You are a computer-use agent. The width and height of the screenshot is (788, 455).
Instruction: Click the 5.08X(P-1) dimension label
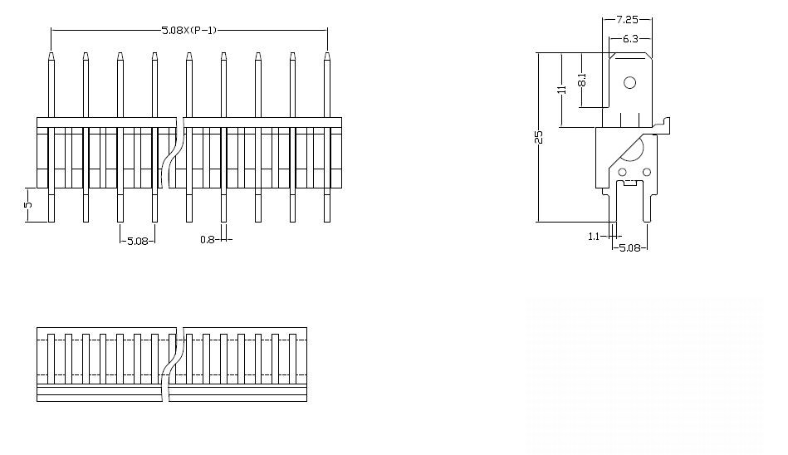click(189, 30)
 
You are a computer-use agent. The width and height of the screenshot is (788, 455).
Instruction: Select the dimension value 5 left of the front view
click(28, 204)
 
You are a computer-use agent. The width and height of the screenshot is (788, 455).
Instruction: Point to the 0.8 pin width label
click(207, 240)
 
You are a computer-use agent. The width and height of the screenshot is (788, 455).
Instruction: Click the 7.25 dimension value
click(627, 18)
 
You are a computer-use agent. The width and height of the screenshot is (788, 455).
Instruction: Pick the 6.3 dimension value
click(630, 39)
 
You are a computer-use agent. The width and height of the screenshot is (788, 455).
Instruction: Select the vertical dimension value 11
click(562, 90)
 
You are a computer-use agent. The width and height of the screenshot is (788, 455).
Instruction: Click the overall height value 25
click(539, 138)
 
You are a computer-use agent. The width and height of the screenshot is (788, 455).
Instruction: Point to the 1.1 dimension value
click(594, 237)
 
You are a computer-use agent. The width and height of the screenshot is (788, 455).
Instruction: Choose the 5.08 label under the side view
click(630, 247)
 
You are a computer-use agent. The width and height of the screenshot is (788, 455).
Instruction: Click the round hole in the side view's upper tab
click(630, 82)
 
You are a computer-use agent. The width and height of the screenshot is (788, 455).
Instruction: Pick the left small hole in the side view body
click(622, 172)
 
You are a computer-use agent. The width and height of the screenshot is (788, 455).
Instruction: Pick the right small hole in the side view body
click(645, 172)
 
